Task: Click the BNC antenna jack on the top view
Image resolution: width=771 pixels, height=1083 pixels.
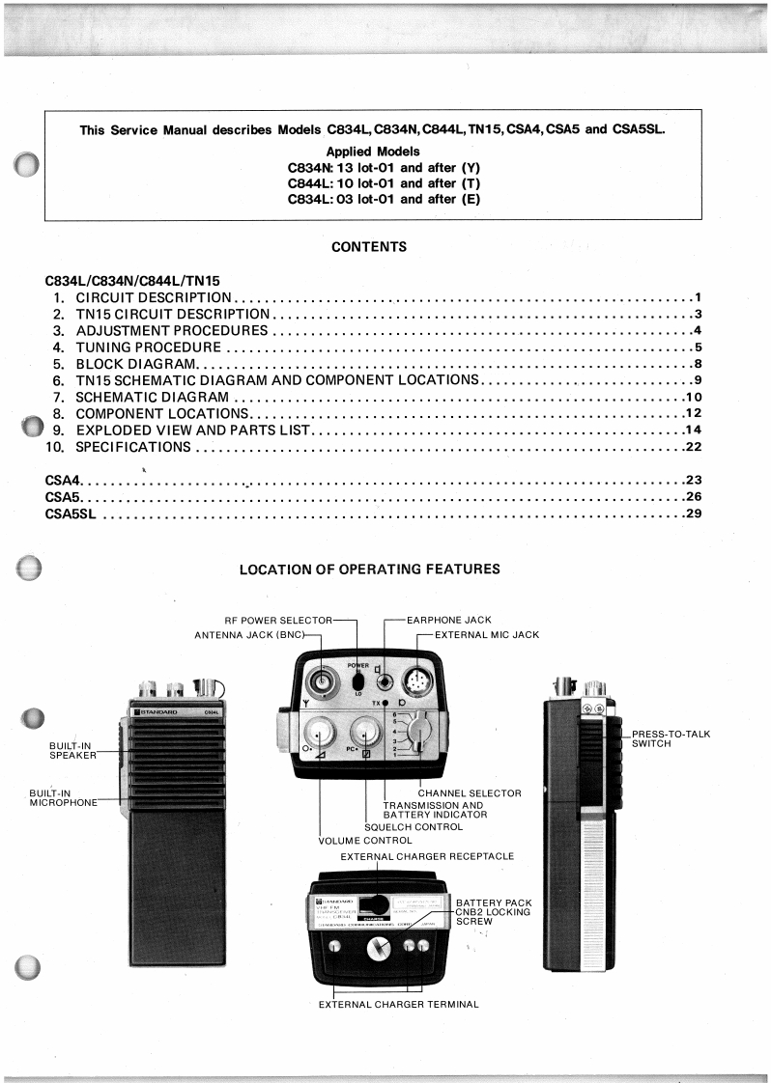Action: tap(319, 679)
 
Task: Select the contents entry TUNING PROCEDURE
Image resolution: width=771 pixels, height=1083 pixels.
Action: tap(149, 347)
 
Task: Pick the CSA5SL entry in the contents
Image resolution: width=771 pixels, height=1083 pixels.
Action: tap(72, 514)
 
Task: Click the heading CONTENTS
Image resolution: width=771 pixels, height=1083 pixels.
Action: tap(369, 247)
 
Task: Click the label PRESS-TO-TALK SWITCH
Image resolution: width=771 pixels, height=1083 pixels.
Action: tap(671, 738)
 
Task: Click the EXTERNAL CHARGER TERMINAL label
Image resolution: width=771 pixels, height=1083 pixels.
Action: tap(399, 1005)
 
